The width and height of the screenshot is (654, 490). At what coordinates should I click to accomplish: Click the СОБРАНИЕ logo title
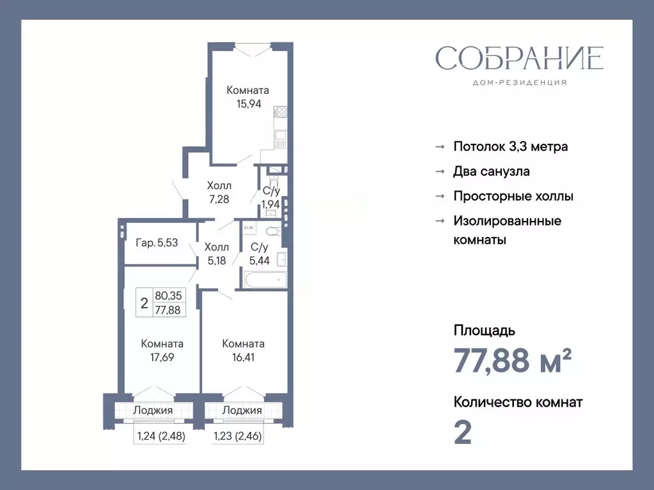coord(519,58)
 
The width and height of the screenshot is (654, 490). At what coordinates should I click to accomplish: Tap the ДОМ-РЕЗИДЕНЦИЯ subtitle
coord(519,82)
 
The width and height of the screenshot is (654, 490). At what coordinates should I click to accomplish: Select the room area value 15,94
coord(249,104)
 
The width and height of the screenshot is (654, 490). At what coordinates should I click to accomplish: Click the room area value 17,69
coord(162,357)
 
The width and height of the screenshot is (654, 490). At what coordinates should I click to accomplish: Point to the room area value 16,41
coord(243,357)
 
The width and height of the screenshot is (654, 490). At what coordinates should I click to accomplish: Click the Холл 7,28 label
coord(219,192)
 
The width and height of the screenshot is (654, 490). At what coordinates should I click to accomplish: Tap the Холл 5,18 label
coord(216,253)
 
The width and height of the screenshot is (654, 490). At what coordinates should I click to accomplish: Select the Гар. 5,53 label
coord(157,243)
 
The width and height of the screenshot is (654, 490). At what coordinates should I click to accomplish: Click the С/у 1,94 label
coord(271,197)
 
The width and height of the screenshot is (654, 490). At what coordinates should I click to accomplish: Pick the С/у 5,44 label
coord(259,253)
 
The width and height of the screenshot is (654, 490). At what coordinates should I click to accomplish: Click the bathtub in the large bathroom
coord(265,279)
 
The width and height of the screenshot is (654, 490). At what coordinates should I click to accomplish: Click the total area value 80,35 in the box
coord(168,296)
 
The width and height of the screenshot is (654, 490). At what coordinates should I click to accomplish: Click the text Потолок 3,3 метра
coord(510,146)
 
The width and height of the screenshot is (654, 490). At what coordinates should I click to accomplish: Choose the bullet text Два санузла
coord(491,171)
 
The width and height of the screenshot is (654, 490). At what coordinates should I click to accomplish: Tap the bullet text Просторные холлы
coord(513,196)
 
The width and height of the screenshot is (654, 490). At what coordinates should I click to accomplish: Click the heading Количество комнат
coord(518,402)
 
